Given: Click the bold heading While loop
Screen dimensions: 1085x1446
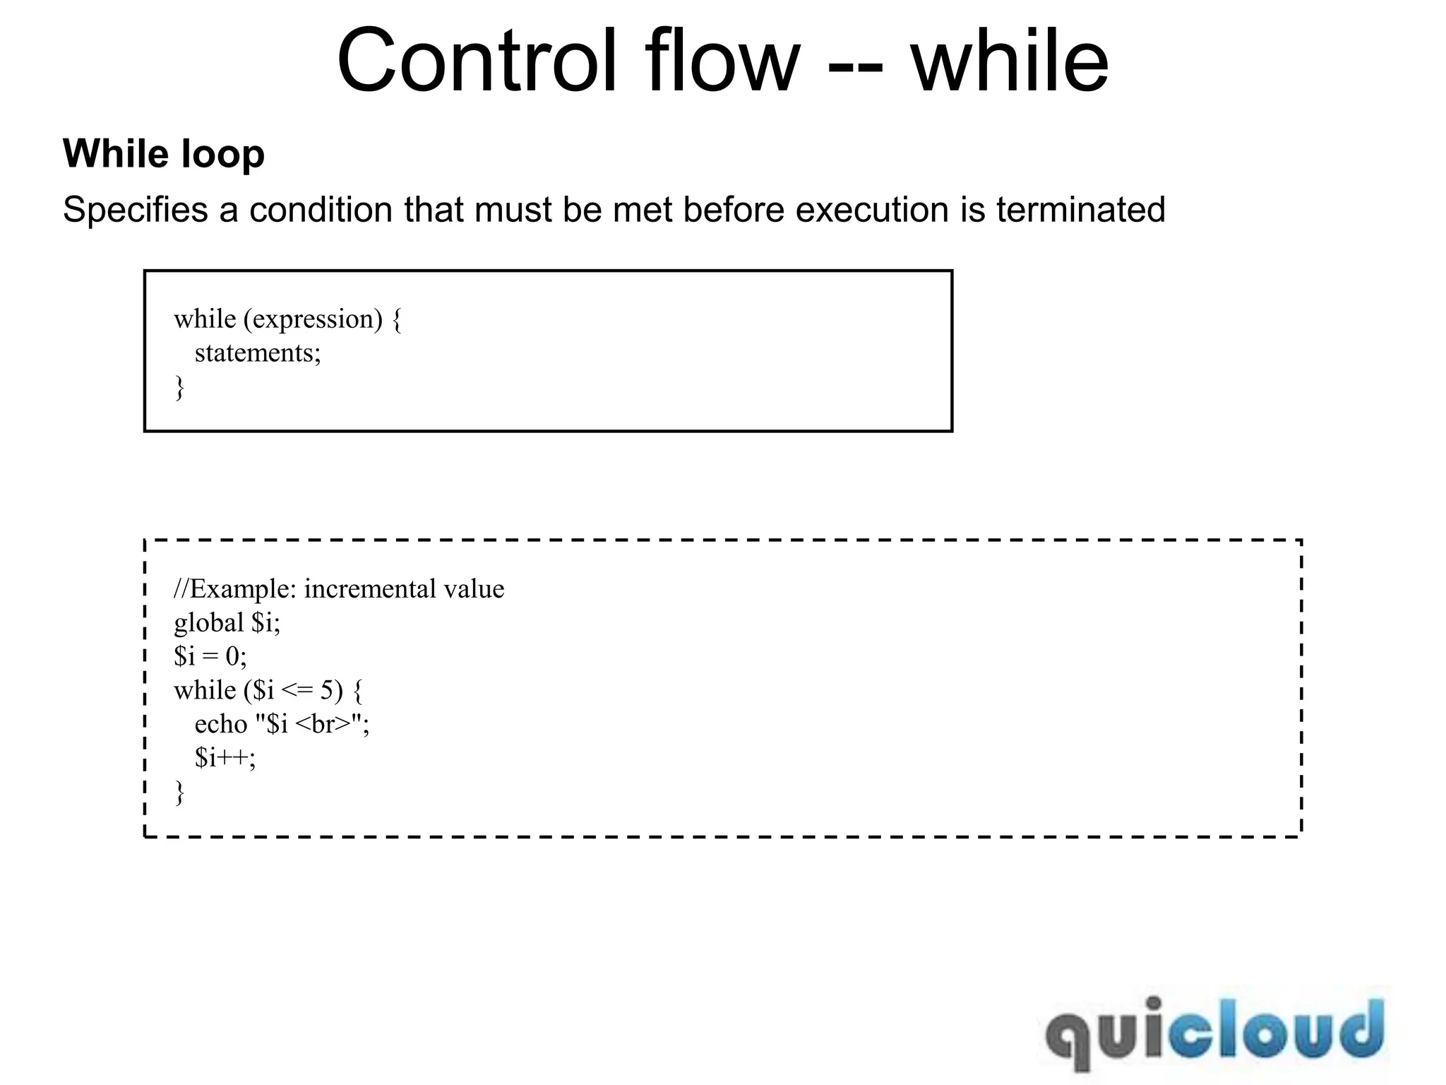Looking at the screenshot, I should (164, 153).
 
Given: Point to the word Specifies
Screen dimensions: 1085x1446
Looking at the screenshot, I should (135, 210).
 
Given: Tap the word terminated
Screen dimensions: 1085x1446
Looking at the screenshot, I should (1080, 210).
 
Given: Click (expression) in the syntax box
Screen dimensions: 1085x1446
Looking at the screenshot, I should (313, 319).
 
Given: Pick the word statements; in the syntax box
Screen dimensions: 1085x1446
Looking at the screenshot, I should (258, 353).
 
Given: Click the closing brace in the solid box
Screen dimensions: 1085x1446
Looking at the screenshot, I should (179, 388).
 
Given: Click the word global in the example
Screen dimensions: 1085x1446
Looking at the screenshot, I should (208, 623).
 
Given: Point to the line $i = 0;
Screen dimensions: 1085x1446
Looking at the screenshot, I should (210, 657).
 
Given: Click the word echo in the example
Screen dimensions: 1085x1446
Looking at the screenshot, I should (220, 724).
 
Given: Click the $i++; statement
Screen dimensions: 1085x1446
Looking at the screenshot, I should (225, 758).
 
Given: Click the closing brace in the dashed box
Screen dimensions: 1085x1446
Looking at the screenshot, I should (179, 792).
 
